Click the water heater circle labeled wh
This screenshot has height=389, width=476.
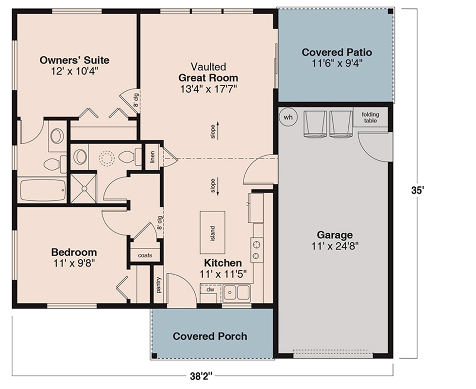[x=288, y=117]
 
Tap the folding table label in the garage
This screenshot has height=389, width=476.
[x=370, y=117]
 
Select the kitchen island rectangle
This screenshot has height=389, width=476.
[x=212, y=232]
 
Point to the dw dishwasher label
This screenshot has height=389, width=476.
[x=210, y=290]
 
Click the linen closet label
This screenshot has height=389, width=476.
[x=153, y=157]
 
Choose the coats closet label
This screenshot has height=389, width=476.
[x=145, y=255]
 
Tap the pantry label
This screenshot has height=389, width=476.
[x=159, y=285]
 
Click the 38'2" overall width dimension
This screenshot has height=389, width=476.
[x=201, y=376]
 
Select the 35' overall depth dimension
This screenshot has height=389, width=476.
[x=417, y=190]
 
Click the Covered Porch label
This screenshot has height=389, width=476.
[x=210, y=336]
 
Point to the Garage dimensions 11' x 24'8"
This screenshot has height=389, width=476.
[x=335, y=246]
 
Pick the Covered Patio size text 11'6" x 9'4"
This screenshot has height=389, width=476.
[x=337, y=63]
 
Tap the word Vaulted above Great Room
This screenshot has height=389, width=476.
[x=208, y=66]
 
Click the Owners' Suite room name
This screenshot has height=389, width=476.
[x=74, y=60]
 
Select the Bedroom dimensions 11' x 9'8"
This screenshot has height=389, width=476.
[x=74, y=263]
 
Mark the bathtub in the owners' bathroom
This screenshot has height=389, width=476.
[x=43, y=191]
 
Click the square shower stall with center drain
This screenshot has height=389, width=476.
[x=84, y=189]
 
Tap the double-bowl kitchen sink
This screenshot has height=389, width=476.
[x=236, y=293]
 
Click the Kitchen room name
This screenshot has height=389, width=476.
[x=223, y=263]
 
